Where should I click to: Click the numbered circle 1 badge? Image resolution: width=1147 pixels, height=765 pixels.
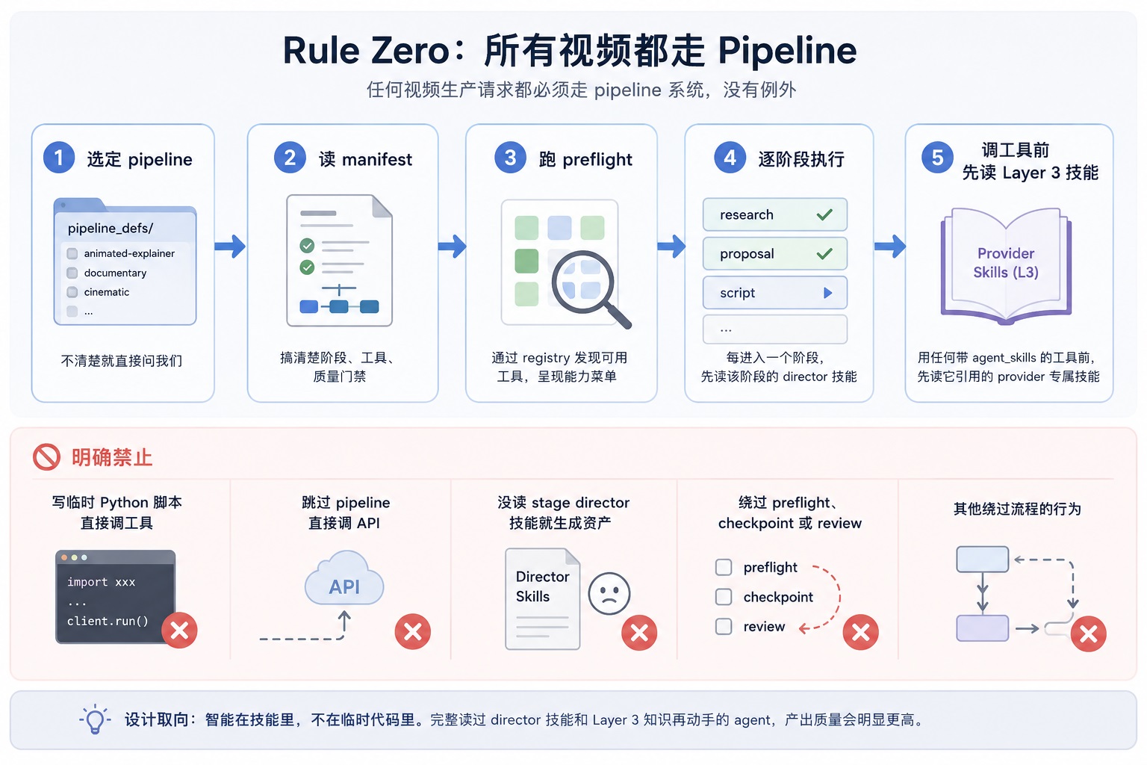tap(59, 158)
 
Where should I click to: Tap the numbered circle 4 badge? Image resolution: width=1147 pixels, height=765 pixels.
tap(730, 158)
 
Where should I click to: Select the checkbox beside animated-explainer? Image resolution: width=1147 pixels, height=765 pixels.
tap(72, 254)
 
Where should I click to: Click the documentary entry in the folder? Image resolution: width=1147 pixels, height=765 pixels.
tap(115, 273)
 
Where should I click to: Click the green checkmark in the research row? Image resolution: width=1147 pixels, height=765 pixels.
tap(824, 214)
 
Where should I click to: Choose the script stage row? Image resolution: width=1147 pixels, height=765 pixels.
tap(774, 293)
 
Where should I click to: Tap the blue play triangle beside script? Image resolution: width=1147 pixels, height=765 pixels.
tap(827, 293)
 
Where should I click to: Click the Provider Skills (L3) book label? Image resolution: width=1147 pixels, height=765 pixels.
tap(1006, 263)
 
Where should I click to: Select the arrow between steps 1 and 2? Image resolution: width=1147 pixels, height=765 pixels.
tap(230, 247)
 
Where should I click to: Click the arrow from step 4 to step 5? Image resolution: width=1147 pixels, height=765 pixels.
tap(890, 247)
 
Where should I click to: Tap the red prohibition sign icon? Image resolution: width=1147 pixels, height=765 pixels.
tap(46, 456)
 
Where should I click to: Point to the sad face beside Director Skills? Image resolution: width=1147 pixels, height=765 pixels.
tap(609, 593)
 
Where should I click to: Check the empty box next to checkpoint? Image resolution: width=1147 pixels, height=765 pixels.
tap(724, 597)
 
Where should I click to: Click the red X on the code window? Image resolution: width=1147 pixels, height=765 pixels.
tap(179, 631)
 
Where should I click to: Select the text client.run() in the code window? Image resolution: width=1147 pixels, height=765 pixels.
tap(108, 621)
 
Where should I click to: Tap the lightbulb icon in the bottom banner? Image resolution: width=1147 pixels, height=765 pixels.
tap(96, 719)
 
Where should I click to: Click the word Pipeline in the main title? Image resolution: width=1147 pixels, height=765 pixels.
tap(787, 52)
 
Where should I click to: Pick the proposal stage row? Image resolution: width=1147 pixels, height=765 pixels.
tap(774, 254)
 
